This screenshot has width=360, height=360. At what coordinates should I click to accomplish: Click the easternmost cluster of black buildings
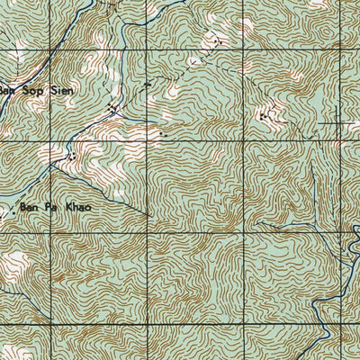pos(264,115)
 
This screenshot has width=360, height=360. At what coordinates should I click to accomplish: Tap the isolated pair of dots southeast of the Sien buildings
pos(163,135)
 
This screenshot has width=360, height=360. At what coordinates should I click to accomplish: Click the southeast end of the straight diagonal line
pos(148,215)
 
